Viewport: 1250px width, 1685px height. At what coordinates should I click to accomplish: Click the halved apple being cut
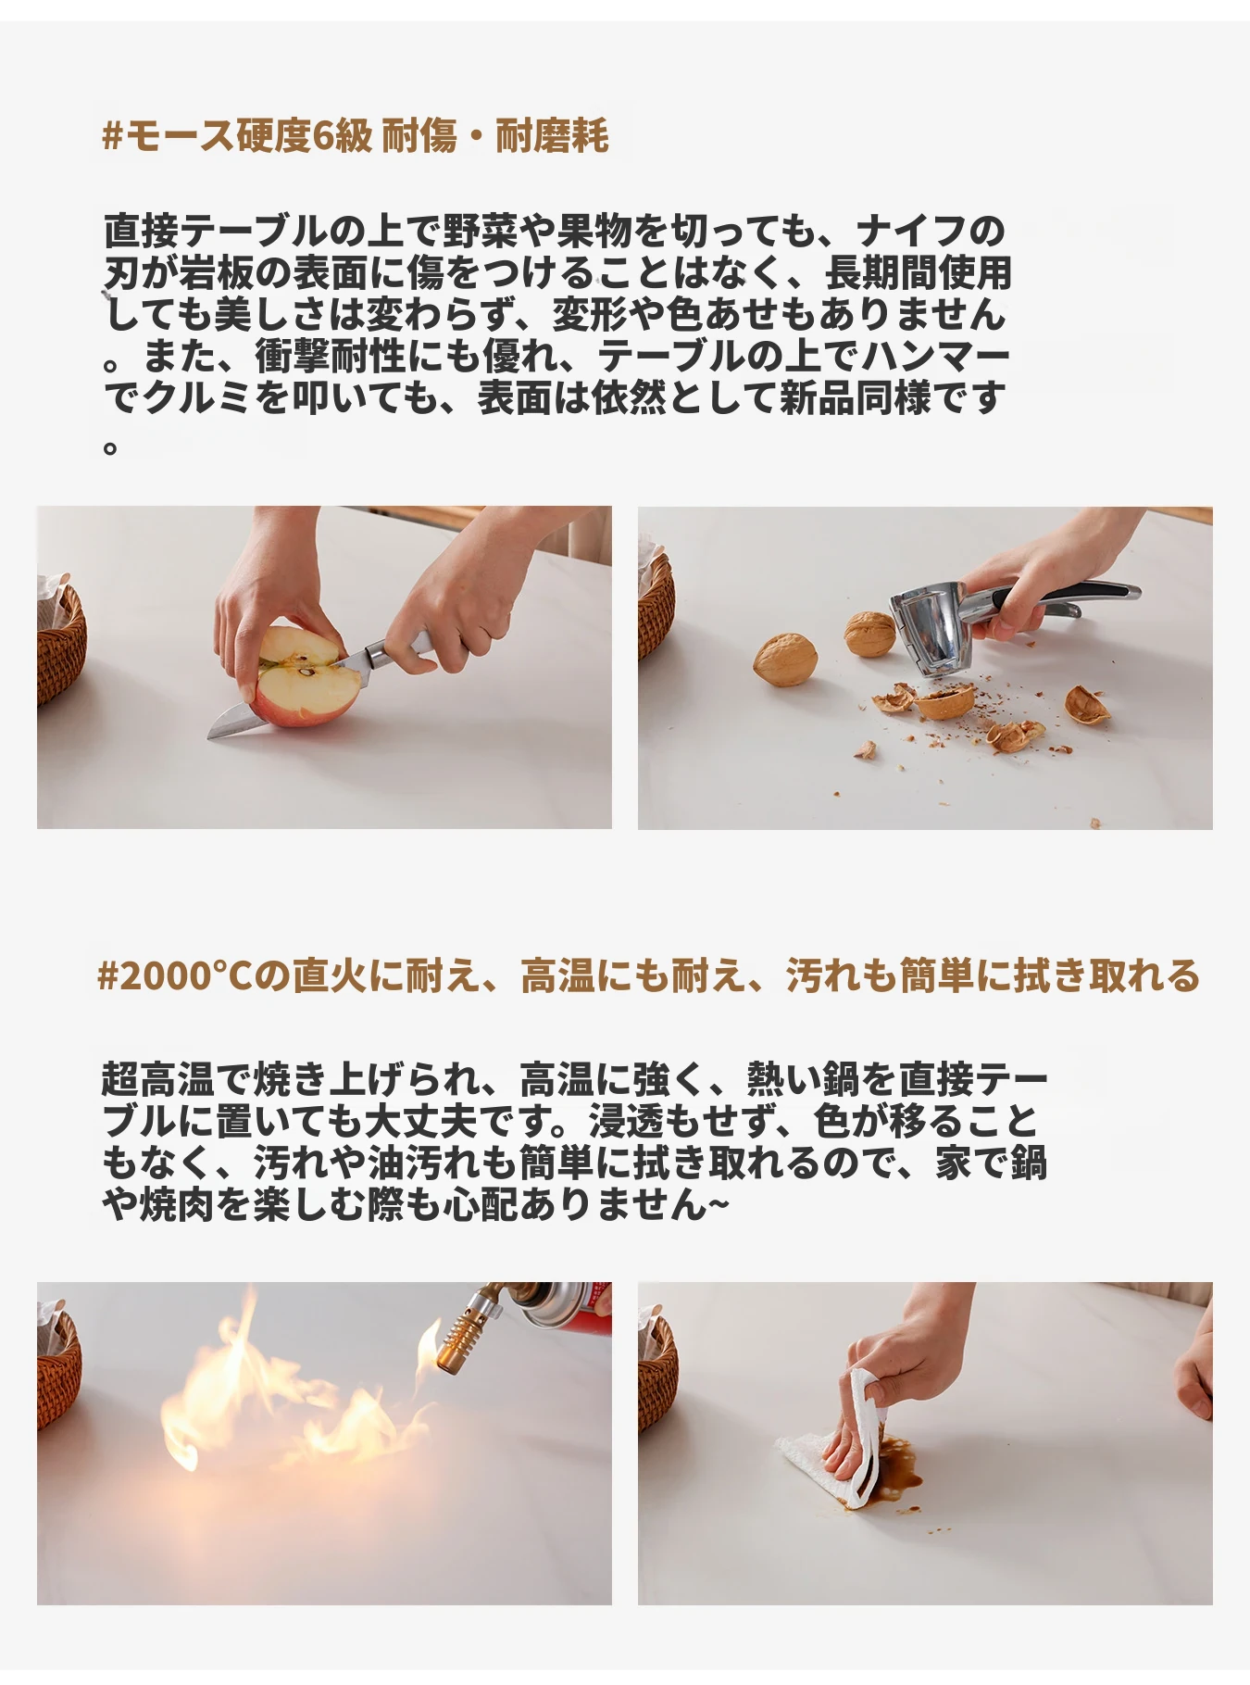pyautogui.click(x=306, y=676)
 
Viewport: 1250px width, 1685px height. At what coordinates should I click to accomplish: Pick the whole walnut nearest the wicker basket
pyautogui.click(x=784, y=659)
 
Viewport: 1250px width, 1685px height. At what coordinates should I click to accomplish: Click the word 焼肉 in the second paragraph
pyautogui.click(x=179, y=1204)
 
